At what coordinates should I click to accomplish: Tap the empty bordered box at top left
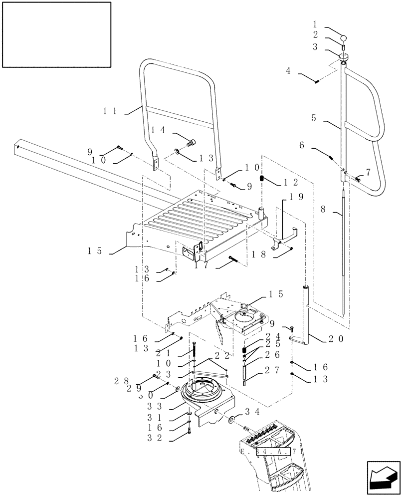coord(56,34)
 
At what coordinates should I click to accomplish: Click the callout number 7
coord(368,172)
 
